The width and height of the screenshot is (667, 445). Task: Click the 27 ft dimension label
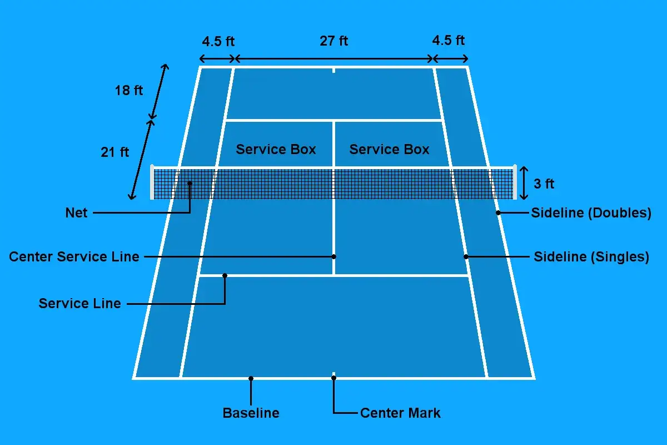(334, 41)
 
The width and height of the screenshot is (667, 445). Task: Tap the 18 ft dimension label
(128, 90)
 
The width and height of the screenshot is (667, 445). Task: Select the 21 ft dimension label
(115, 152)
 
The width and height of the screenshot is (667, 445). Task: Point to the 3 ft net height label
(544, 184)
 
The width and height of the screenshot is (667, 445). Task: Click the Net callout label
(76, 213)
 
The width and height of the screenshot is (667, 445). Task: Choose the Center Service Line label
(74, 256)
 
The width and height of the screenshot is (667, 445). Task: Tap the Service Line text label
(80, 303)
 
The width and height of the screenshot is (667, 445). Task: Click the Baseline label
(251, 413)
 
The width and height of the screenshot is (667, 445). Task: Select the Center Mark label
(400, 413)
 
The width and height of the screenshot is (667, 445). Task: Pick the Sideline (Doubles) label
(591, 213)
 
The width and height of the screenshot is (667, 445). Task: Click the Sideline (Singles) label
(591, 256)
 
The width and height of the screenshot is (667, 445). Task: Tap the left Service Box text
(276, 149)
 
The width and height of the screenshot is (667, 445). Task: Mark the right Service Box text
(389, 149)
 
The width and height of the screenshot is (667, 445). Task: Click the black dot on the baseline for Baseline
(251, 379)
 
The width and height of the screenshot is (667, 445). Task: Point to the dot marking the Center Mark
(334, 378)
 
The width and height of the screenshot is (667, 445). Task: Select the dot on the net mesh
(190, 183)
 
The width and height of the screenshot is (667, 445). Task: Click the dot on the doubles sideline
(498, 213)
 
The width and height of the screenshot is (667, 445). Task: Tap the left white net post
(152, 182)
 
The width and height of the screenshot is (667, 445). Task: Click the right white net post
(515, 182)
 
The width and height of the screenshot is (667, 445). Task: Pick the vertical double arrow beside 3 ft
(524, 183)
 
